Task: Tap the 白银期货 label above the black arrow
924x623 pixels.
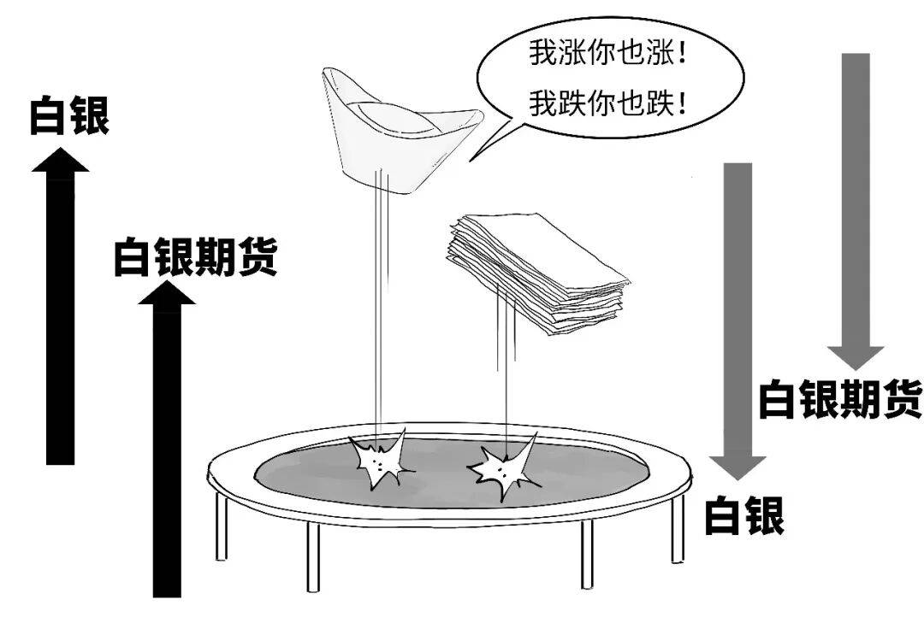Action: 196,256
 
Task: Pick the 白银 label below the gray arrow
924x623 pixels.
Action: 744,515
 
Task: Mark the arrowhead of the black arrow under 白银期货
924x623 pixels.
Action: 167,293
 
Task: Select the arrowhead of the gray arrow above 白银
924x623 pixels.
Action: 737,466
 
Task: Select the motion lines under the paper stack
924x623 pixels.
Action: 505,385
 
